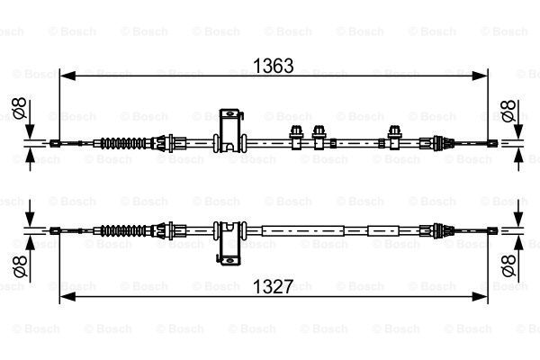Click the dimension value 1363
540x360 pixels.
(273, 66)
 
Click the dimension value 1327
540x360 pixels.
(273, 286)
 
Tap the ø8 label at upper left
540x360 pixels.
(19, 108)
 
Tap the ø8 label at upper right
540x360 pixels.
(508, 111)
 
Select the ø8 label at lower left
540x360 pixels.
(19, 266)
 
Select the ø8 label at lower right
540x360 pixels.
(508, 265)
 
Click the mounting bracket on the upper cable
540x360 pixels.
(230, 130)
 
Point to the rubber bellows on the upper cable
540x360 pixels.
(123, 143)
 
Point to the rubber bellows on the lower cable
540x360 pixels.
(123, 230)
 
